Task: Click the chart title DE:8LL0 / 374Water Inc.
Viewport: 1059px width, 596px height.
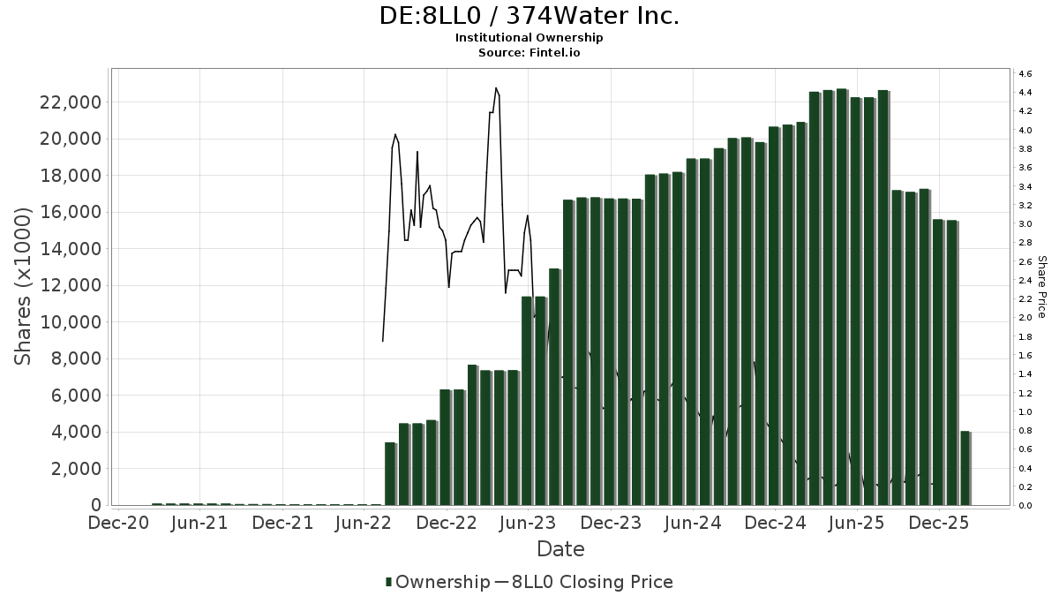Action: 529,17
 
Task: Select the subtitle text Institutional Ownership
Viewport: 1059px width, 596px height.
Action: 529,38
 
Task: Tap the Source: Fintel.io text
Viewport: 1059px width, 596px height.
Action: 529,53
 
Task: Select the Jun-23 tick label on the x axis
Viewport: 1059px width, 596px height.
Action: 528,523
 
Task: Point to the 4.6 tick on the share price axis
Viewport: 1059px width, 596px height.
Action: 1025,73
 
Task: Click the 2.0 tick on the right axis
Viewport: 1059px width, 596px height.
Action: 1025,318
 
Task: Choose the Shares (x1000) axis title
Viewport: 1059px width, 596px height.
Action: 24,285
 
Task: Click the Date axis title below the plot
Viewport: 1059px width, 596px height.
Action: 560,549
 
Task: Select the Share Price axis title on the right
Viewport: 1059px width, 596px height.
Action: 1041,287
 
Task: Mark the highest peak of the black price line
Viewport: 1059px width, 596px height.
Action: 496,88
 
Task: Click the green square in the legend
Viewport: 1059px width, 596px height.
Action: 388,582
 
